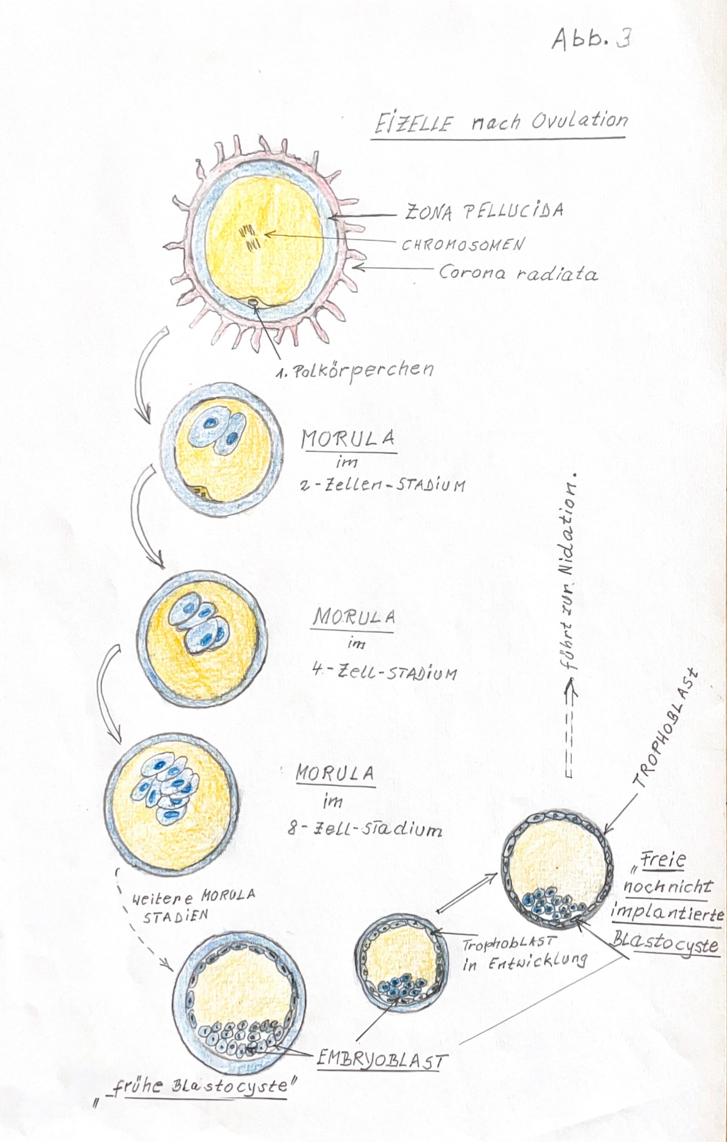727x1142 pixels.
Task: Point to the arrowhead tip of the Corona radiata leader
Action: tap(353, 267)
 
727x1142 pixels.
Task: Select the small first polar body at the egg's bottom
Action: tap(253, 302)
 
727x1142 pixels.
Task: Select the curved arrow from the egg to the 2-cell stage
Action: tap(148, 376)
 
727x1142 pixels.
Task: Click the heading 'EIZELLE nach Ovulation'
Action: tap(501, 121)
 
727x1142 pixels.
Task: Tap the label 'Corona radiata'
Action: tap(518, 273)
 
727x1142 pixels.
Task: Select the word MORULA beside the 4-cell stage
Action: tap(354, 616)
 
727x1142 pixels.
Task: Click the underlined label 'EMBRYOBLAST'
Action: tap(381, 1060)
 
